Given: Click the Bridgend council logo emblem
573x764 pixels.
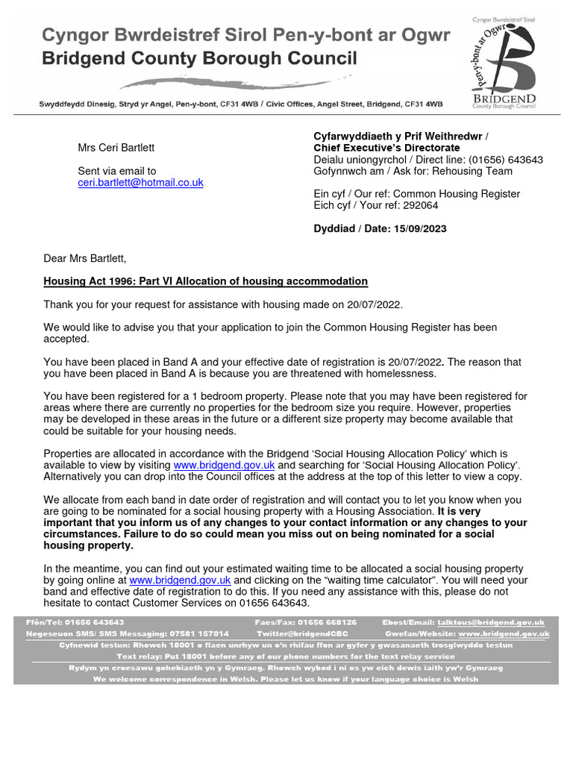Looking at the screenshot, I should click(x=504, y=60).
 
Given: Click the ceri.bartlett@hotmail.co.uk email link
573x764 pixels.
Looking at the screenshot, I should click(x=140, y=182).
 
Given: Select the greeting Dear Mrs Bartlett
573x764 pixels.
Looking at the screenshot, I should click(x=85, y=259).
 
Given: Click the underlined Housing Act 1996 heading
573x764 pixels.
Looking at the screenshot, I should click(x=205, y=281).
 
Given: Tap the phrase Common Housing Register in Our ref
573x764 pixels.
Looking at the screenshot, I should click(x=456, y=194).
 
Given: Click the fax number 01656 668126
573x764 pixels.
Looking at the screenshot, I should click(x=327, y=622).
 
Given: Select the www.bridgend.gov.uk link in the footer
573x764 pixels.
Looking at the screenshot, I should click(x=504, y=633).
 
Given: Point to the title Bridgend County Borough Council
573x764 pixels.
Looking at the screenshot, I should click(x=198, y=58).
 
